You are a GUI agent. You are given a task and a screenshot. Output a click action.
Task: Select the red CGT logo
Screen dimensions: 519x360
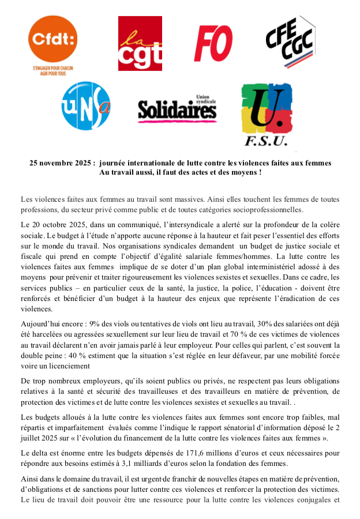pos(140,42)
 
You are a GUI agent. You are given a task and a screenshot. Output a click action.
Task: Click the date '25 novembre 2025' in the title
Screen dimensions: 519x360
pos(62,163)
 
